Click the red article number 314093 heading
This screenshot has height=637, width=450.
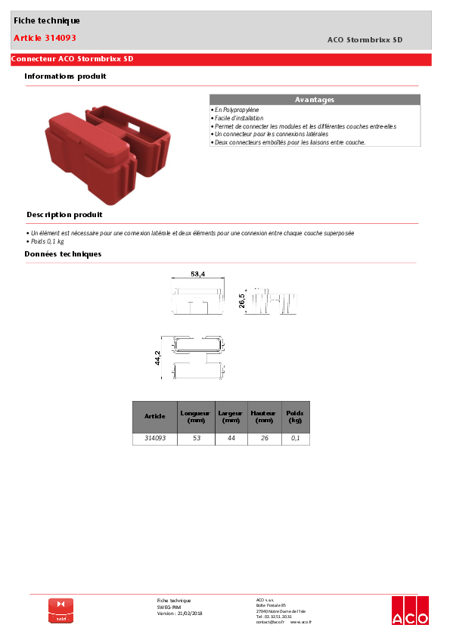[45, 37]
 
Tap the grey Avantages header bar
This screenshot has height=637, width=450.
[314, 100]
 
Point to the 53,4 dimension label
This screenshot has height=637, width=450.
[198, 273]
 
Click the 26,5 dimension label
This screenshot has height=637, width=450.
[242, 301]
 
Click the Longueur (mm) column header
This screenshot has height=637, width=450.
[195, 416]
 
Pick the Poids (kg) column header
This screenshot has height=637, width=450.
[295, 416]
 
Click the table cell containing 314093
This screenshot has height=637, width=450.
[154, 438]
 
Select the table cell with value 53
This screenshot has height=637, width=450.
[195, 438]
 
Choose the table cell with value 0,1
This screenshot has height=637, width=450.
[295, 438]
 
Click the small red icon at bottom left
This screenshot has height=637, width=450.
[61, 610]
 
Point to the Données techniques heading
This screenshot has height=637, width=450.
[63, 253]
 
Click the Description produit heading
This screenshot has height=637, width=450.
[64, 215]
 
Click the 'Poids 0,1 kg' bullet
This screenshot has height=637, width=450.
[46, 241]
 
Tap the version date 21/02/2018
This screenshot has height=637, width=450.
[190, 613]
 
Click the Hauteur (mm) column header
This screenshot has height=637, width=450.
[264, 416]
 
